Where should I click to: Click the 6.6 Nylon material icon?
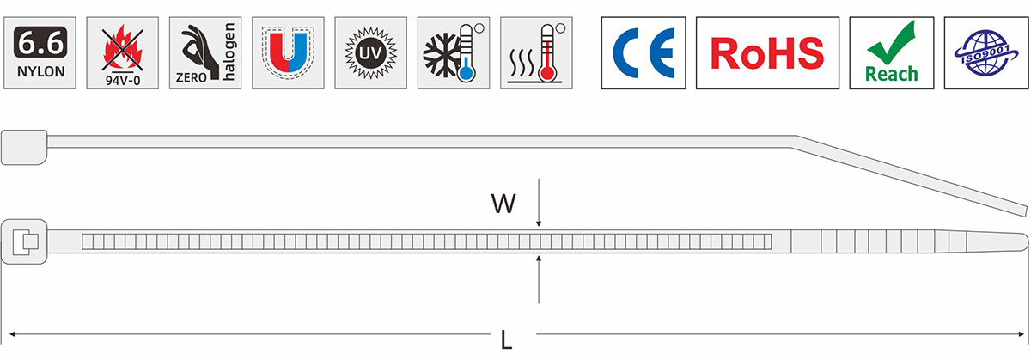click(x=40, y=53)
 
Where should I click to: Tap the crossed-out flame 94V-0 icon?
click(x=122, y=53)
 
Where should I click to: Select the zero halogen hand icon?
click(x=205, y=53)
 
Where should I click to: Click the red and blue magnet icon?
click(x=288, y=53)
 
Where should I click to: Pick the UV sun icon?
click(x=371, y=53)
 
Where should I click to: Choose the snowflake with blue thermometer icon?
click(x=454, y=53)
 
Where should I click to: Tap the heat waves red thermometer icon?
click(x=537, y=53)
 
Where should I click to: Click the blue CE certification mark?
click(x=644, y=53)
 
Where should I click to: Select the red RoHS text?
click(x=767, y=53)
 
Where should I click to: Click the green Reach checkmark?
click(x=892, y=53)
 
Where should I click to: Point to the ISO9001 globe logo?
click(x=986, y=53)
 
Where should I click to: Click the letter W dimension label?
click(x=503, y=204)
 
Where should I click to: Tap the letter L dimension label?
click(x=506, y=340)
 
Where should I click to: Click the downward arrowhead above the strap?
click(x=539, y=223)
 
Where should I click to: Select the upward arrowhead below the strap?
click(x=539, y=259)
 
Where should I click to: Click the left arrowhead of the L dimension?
click(x=13, y=333)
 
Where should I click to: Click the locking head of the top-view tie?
click(x=24, y=241)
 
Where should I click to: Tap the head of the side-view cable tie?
click(x=24, y=147)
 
